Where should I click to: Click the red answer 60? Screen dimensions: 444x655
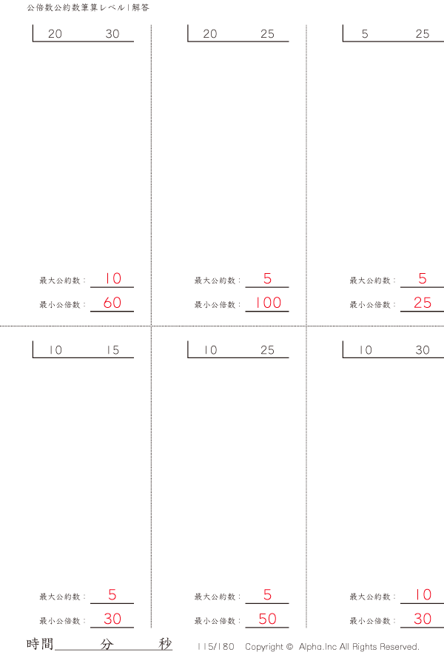coord(112,303)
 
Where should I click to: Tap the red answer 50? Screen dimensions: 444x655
coord(267,619)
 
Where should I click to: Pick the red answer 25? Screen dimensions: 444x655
coord(423,303)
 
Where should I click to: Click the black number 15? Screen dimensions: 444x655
coord(112,350)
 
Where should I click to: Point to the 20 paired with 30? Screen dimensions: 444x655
coord(55,34)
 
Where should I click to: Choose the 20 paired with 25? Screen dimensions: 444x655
coord(209,34)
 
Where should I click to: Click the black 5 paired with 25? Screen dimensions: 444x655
coord(365,34)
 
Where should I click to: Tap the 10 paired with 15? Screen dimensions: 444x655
coord(55,350)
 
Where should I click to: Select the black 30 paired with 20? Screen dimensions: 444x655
coord(112,34)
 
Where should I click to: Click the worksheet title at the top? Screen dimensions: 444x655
coord(88,7)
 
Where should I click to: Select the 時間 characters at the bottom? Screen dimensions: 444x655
coord(40,644)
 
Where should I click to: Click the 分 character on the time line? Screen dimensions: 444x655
coord(107,644)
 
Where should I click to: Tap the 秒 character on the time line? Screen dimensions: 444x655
coord(165,644)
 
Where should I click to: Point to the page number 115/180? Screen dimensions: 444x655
coord(216,647)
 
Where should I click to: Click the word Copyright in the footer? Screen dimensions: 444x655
coord(264,647)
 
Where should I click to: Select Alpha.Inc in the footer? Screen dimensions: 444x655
coord(318,647)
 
